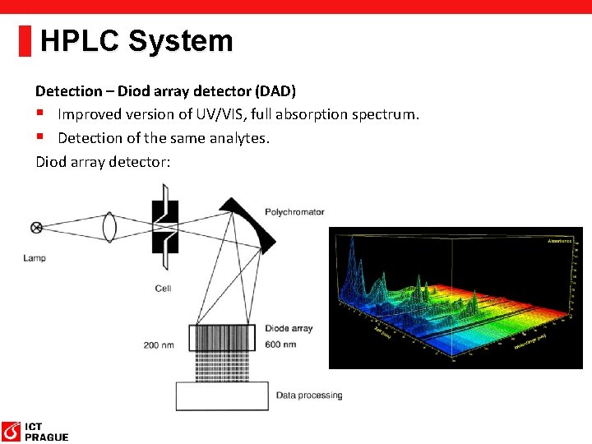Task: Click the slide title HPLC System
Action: coord(136,41)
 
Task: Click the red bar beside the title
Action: coord(25,41)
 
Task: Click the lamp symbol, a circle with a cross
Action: coord(36,228)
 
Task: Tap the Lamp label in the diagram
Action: coord(35,258)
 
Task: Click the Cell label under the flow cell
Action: coord(163,289)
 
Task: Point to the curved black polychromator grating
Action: coord(258,226)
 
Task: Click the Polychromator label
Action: coord(294,212)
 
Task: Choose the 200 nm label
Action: coord(163,345)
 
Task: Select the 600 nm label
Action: coord(280,344)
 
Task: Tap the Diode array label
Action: coord(289,329)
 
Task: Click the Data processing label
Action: coord(309,395)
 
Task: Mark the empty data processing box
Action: coord(222,396)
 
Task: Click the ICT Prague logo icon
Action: coord(12,431)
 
